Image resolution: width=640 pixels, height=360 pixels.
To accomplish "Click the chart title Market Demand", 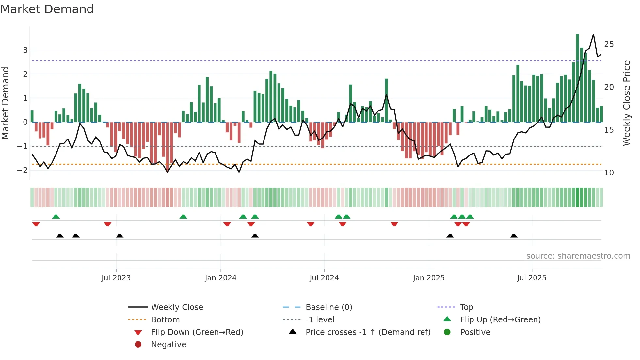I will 47,9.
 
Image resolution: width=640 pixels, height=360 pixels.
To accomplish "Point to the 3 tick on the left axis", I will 25,50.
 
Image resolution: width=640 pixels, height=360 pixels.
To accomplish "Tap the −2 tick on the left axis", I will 23,170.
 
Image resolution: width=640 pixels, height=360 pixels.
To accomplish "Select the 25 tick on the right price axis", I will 609,44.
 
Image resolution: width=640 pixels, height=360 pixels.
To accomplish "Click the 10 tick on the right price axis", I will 609,173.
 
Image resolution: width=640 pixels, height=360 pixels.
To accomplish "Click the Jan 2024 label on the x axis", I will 220,278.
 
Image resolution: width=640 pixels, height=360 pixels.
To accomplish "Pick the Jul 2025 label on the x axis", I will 531,278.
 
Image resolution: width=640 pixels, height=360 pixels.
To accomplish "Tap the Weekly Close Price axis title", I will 626,103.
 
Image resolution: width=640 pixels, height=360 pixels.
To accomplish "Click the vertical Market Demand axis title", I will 5,103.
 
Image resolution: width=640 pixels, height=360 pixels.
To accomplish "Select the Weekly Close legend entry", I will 177,307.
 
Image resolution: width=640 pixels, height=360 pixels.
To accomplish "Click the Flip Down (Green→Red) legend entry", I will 197,332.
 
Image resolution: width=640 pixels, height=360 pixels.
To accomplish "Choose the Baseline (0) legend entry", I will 328,307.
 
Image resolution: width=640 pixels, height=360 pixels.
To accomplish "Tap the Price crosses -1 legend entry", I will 368,332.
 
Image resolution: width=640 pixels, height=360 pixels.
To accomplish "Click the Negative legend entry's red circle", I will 138,345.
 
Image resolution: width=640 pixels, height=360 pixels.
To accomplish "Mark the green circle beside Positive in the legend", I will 447,332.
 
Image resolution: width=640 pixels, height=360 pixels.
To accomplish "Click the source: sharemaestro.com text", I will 578,256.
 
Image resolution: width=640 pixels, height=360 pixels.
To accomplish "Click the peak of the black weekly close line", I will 593,34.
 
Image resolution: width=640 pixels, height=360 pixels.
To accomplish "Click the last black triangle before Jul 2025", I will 514,236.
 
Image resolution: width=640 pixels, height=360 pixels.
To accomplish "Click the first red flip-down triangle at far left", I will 36,224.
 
